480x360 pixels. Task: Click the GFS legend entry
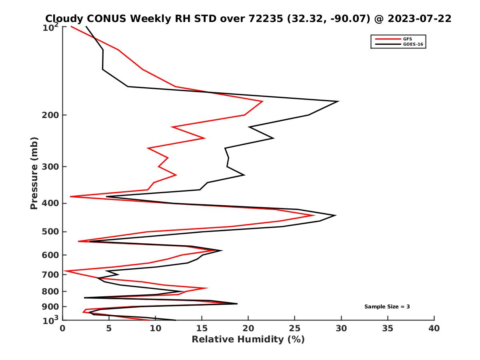[407, 39]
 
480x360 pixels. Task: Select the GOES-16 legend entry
[412, 44]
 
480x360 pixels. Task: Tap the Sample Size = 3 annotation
[387, 307]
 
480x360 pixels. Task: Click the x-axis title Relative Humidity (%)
[248, 340]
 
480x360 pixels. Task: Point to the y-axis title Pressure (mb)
[34, 173]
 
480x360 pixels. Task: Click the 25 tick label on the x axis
[294, 328]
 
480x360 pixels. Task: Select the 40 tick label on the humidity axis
[434, 328]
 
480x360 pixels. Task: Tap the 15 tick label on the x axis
[202, 328]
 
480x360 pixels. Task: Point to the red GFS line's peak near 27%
[314, 215]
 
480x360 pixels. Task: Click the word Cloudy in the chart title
[64, 18]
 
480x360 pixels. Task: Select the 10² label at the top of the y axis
[50, 28]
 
